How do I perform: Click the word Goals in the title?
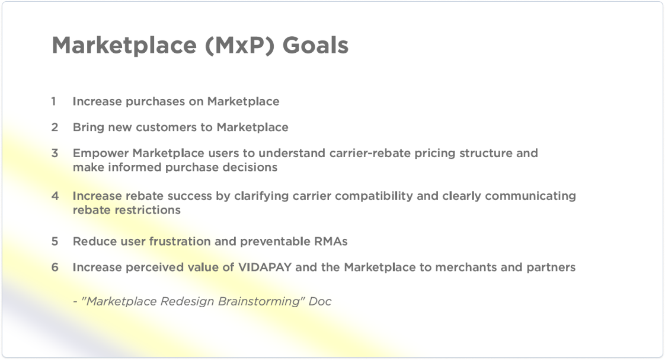click(315, 45)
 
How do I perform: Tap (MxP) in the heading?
click(239, 46)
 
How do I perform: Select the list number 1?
click(53, 101)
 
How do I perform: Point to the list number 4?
click(55, 196)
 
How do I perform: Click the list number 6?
click(55, 267)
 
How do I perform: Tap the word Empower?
click(101, 153)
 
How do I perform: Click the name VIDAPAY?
click(265, 267)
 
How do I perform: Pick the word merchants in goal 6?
click(466, 267)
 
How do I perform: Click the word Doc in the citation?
click(320, 301)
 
